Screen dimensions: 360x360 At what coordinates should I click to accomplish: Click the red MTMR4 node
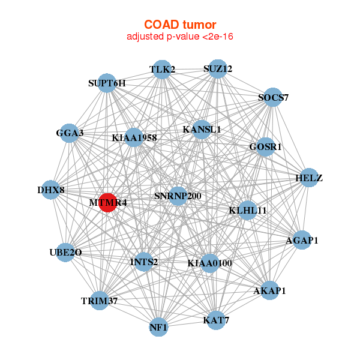click(107, 203)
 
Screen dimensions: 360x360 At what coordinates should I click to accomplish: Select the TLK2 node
click(162, 70)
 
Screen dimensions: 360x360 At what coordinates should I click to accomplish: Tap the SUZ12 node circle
click(218, 69)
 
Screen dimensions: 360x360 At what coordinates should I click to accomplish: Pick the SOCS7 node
click(273, 97)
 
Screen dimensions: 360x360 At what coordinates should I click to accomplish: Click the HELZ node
click(309, 178)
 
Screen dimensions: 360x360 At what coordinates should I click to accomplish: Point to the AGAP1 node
click(302, 240)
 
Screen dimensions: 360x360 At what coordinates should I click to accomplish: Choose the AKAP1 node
click(269, 290)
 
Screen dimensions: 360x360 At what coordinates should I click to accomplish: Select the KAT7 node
click(216, 320)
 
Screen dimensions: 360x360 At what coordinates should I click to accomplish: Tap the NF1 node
click(158, 327)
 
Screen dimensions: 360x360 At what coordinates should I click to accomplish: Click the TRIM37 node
click(99, 301)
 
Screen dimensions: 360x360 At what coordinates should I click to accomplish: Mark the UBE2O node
click(65, 253)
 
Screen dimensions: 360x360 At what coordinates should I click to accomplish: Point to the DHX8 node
click(51, 190)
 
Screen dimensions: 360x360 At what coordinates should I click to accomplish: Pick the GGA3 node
click(70, 133)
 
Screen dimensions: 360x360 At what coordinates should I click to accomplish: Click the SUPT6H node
click(107, 83)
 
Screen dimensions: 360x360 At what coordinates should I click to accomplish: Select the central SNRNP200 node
click(178, 196)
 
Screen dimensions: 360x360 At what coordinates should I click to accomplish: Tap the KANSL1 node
click(202, 130)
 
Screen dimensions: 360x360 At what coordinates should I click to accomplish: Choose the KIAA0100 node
click(209, 263)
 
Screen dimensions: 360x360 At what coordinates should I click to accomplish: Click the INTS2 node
click(144, 262)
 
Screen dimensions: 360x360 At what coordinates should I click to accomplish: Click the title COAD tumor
click(180, 25)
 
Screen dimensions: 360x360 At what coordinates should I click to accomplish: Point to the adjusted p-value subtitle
click(180, 37)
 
